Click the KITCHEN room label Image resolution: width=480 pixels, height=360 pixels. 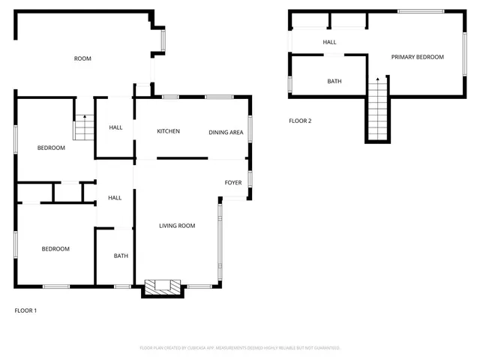coord(168,131)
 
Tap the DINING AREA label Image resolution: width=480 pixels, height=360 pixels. coord(226,132)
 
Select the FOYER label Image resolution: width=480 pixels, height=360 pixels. coord(233,182)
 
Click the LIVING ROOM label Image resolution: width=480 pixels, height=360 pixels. coord(177,225)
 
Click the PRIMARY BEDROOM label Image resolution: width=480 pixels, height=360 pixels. coord(417,57)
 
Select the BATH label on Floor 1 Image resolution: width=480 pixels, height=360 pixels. coord(121,256)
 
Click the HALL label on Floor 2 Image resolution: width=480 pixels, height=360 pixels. coord(329,42)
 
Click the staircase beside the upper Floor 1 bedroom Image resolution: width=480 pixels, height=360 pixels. coord(83,129)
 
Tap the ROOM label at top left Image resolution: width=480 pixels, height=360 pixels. coord(82,58)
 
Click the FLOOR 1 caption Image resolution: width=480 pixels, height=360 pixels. coord(25,310)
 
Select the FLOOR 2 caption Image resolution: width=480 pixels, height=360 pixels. coord(300,121)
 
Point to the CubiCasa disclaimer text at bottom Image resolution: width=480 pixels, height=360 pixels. coord(240,348)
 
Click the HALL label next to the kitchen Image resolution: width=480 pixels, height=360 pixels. coord(115,127)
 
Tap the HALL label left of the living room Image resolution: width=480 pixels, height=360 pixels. coord(115,198)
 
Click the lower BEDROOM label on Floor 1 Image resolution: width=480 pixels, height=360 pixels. coord(55,249)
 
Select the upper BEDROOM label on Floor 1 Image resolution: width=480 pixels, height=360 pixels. coord(51,148)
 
